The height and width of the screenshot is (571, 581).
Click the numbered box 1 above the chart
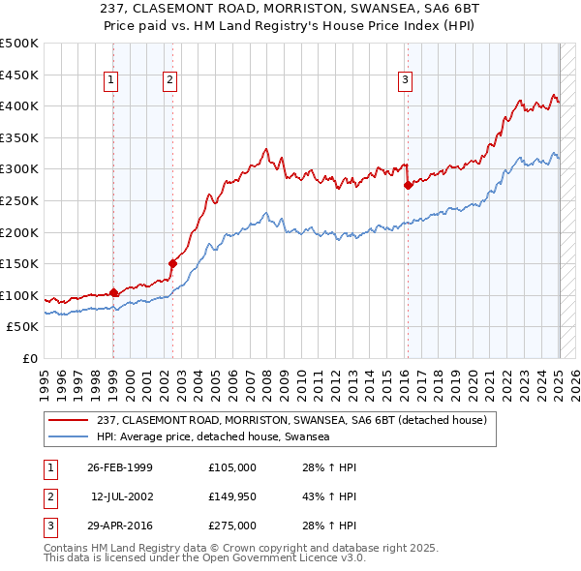pos(112,81)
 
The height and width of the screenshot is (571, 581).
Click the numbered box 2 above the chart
pos(169,81)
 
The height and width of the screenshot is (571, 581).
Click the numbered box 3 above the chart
pos(405,81)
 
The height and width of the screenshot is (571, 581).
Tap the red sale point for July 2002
pos(172,262)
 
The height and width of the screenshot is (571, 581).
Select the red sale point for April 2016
pos(408,185)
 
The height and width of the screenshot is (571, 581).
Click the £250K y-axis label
pos(21,200)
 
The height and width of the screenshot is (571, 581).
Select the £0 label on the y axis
pos(30,358)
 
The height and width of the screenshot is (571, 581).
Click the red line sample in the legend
pos(68,420)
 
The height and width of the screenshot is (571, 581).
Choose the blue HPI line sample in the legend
pos(68,436)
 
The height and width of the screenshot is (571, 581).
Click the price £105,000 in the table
pos(232,467)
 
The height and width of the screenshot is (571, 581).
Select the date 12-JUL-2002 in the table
pos(122,496)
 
